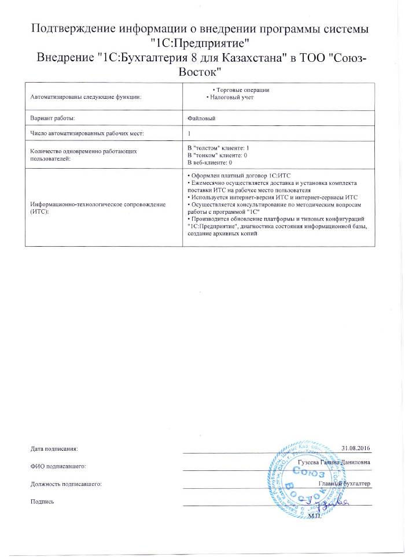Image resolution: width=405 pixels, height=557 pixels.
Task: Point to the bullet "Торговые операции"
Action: point(241,90)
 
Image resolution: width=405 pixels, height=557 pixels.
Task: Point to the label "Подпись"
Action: point(42,501)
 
